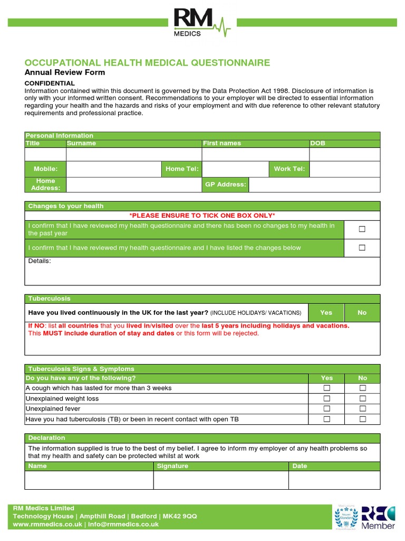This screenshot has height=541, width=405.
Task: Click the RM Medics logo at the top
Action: [x=202, y=23]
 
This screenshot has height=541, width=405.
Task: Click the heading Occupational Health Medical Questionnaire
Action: [x=147, y=63]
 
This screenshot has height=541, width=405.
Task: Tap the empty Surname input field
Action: [x=134, y=154]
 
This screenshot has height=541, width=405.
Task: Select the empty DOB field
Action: [x=344, y=154]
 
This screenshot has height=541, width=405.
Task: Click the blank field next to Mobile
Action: [x=113, y=169]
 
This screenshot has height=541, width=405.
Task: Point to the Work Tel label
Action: [x=289, y=169]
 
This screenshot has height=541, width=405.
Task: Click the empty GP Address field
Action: [x=314, y=184]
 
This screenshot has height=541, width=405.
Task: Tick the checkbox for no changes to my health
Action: [x=362, y=229]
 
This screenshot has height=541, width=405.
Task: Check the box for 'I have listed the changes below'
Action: [x=362, y=248]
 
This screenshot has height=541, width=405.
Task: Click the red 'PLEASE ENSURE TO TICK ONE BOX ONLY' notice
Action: [x=202, y=216]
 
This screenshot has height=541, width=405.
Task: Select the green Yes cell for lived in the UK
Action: [x=326, y=313]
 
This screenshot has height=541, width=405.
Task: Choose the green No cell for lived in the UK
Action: [x=362, y=313]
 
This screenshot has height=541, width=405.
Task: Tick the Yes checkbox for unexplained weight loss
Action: [x=326, y=398]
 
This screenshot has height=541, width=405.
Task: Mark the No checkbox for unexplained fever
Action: [x=362, y=408]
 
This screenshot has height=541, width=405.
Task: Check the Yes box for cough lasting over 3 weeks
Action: [x=326, y=388]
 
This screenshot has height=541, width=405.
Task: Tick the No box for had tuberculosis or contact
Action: [x=362, y=419]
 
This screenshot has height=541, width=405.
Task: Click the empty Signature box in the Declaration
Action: [x=220, y=480]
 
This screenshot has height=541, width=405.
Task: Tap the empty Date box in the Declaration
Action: [x=334, y=480]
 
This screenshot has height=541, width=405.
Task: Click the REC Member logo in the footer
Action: [x=377, y=517]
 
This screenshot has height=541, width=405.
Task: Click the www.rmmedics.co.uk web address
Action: [x=47, y=525]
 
